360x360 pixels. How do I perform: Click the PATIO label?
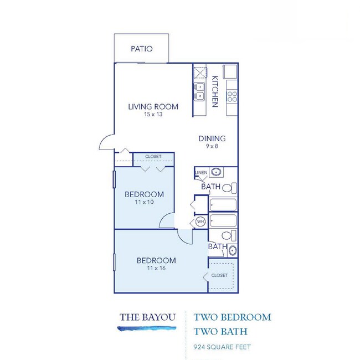[x=141, y=49]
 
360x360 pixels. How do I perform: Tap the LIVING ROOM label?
[x=153, y=107]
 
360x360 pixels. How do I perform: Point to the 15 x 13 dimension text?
[x=153, y=115]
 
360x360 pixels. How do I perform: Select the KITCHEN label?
[x=215, y=92]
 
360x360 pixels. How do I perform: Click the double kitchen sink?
[x=199, y=91]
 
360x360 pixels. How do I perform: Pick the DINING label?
[x=212, y=138]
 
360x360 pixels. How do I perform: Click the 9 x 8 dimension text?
[x=212, y=147]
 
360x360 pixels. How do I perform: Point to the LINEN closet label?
[x=201, y=173]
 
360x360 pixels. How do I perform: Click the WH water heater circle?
[x=200, y=222]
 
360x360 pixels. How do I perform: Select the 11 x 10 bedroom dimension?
[x=143, y=202]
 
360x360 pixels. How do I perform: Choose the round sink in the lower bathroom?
[x=233, y=250]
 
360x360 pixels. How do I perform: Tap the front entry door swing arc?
[x=105, y=143]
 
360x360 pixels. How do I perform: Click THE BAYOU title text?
[x=147, y=317]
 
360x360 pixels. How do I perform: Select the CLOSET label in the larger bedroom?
[x=219, y=275]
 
